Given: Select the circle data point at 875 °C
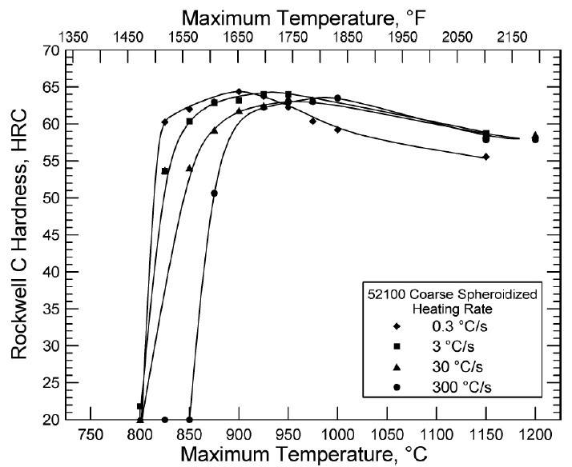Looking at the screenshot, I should coord(214,194).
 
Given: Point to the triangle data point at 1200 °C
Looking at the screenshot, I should coord(535,135).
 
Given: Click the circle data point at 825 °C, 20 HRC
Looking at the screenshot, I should coord(164,419).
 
